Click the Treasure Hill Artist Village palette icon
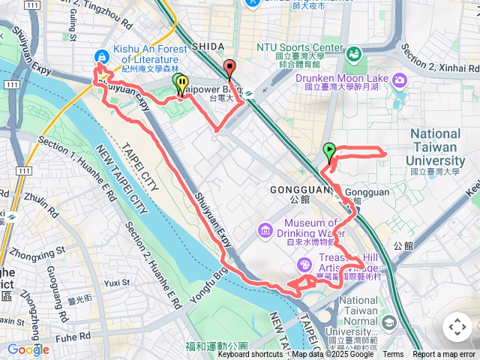[x=304, y=264]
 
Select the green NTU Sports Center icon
[x=352, y=52]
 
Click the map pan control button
[x=457, y=327]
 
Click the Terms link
[x=393, y=355]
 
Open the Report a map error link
[x=445, y=355]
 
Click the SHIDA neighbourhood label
[x=208, y=46]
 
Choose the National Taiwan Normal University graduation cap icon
[x=388, y=322]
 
